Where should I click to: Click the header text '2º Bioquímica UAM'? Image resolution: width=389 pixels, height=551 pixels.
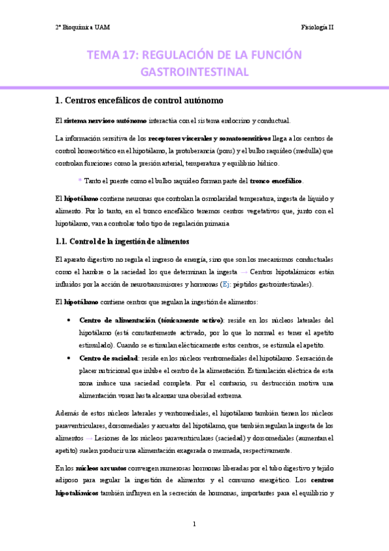pos(80,27)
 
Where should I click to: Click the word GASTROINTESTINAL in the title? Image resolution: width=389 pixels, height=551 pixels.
pos(195,71)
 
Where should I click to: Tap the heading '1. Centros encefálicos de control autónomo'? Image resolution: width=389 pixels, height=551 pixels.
pos(139,101)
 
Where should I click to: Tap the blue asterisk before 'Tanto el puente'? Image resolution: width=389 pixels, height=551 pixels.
pos(80,181)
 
